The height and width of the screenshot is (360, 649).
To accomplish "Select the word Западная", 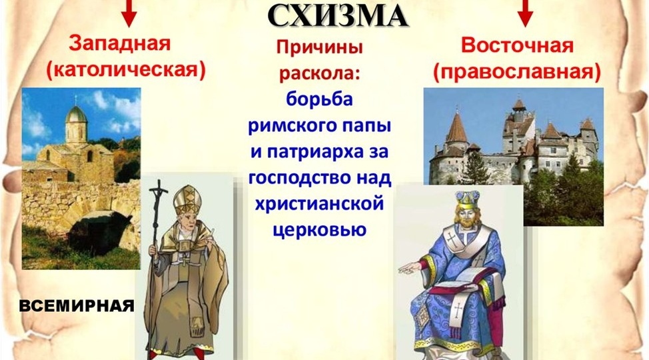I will [x=120, y=45].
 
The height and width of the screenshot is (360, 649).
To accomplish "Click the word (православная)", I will [x=516, y=70].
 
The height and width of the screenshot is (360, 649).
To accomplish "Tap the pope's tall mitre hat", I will [x=187, y=200].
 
